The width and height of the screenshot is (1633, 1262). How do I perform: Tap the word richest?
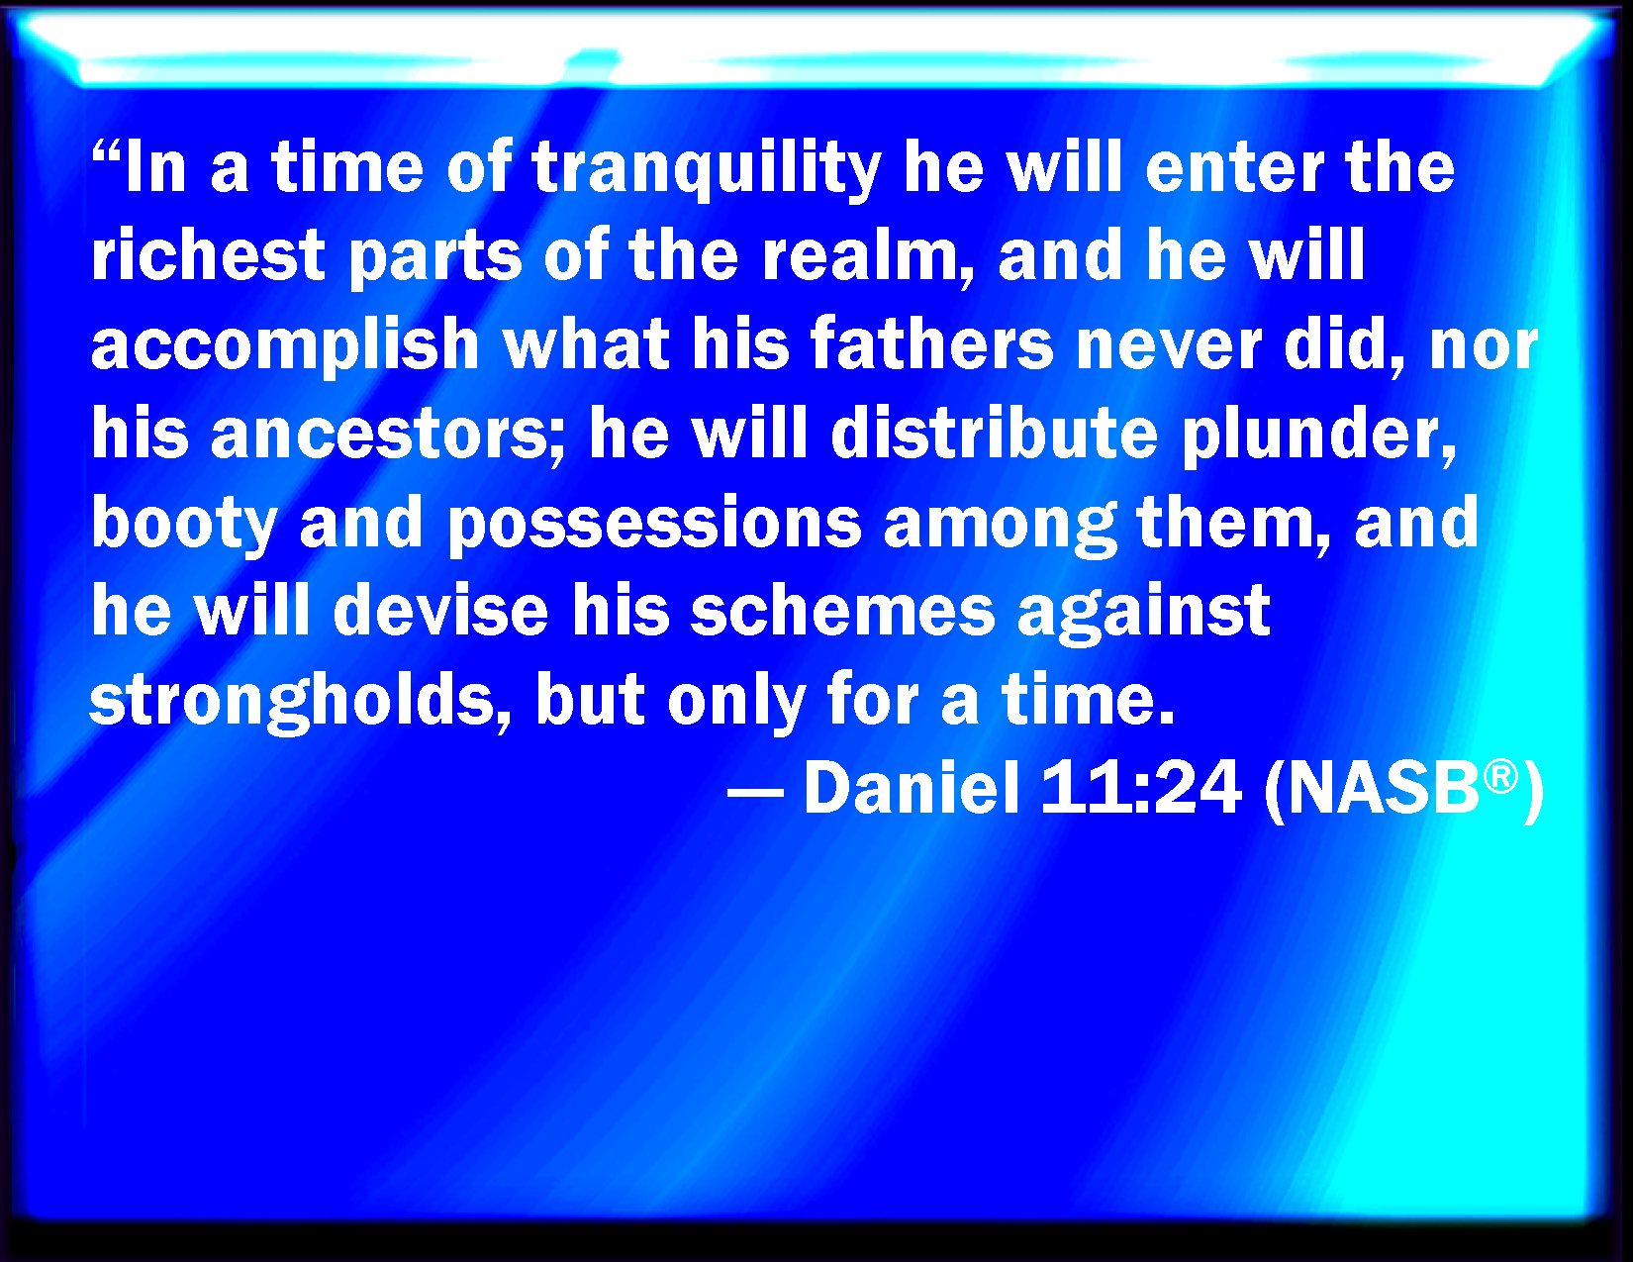click(x=208, y=254)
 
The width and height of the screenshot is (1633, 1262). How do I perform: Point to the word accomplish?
click(x=286, y=345)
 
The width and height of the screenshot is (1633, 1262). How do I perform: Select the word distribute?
click(x=995, y=433)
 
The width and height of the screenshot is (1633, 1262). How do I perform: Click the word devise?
click(x=440, y=610)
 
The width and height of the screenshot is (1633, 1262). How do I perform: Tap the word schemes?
click(x=842, y=610)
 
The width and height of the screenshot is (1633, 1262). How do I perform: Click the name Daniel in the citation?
click(x=912, y=787)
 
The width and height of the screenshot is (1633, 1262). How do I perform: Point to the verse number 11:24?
click(x=1141, y=787)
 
